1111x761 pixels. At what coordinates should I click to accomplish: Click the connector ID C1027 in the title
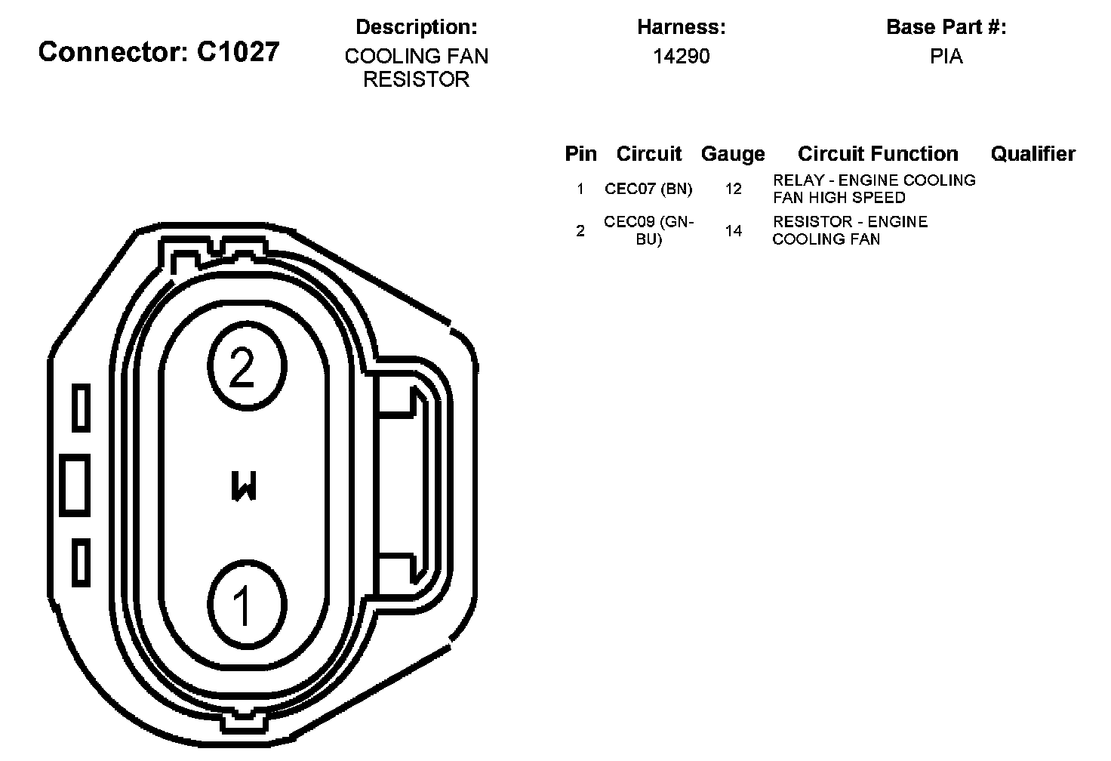238,51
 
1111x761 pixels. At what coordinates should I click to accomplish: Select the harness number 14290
682,57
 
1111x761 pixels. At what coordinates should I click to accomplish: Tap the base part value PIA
946,57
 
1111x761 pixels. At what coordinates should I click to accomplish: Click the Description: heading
416,27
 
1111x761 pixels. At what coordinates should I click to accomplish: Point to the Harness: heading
682,27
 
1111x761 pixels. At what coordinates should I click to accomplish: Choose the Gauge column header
733,154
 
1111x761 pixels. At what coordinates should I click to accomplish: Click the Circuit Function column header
878,154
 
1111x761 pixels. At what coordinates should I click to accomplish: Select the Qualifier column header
1033,154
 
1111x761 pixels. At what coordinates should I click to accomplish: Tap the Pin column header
581,154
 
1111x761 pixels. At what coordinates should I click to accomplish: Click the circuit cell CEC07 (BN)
648,189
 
